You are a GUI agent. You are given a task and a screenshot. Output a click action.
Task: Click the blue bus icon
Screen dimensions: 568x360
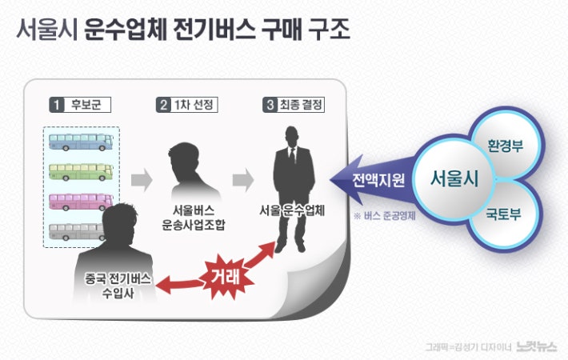pos(81,142)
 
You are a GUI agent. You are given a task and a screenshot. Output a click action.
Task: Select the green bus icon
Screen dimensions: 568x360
pos(81,172)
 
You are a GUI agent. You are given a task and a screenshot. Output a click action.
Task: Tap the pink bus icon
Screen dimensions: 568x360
pos(81,202)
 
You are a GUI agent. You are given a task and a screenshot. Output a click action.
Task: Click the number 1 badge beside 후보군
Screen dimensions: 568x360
pos(57,105)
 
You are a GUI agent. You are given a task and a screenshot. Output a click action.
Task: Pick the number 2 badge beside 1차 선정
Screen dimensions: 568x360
pos(163,105)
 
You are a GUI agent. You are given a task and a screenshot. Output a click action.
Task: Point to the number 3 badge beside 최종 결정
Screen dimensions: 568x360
pos(270,105)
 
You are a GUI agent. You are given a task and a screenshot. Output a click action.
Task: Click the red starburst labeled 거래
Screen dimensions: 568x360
pos(225,277)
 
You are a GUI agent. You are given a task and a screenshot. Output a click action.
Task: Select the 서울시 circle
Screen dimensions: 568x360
pos(454,178)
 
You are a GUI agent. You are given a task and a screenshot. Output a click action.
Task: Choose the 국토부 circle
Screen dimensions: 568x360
pos(505,214)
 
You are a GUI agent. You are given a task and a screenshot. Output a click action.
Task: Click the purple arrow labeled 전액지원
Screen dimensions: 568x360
pos(373,180)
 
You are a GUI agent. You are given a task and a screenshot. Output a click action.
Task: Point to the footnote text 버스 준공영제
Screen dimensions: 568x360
pos(390,216)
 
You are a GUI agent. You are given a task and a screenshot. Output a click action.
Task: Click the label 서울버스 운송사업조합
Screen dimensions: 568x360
pos(194,218)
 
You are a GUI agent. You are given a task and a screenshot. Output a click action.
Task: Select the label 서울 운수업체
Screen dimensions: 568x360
pos(292,210)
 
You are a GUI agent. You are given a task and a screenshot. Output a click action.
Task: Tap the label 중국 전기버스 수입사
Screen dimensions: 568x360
pos(118,286)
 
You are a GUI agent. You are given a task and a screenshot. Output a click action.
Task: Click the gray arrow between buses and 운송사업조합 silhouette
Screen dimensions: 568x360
pos(142,180)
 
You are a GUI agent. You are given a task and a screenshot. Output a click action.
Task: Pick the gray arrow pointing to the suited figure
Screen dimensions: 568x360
pos(243,180)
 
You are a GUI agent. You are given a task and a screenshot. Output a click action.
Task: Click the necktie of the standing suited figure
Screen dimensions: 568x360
pos(292,157)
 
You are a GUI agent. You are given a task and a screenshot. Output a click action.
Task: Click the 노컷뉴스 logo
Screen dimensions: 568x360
pos(537,346)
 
